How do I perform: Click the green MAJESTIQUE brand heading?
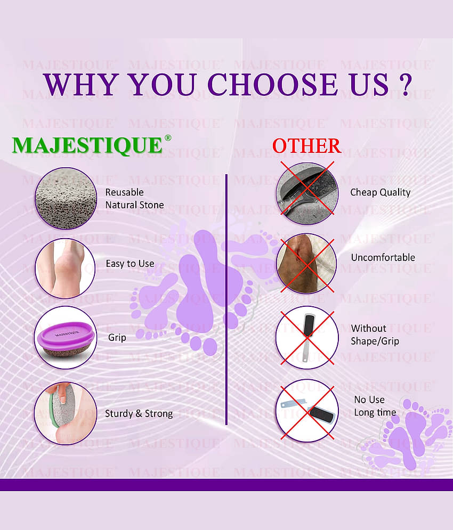click(x=87, y=145)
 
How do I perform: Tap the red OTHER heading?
click(x=306, y=145)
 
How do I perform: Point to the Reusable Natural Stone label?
click(x=134, y=198)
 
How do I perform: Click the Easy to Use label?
click(x=130, y=264)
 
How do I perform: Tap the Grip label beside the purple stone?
click(x=117, y=337)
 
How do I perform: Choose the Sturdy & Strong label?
click(x=139, y=413)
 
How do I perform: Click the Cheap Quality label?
click(x=380, y=192)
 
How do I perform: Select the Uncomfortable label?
click(x=383, y=257)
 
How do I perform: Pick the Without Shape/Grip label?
click(x=375, y=335)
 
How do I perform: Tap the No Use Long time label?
click(x=375, y=405)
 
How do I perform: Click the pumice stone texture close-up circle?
click(x=66, y=198)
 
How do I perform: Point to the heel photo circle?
click(x=65, y=268)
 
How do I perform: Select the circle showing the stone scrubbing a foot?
click(x=66, y=413)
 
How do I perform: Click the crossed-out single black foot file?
click(x=306, y=338)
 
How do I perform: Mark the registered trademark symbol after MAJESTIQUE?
click(x=168, y=137)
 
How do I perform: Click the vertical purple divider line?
click(x=226, y=298)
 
